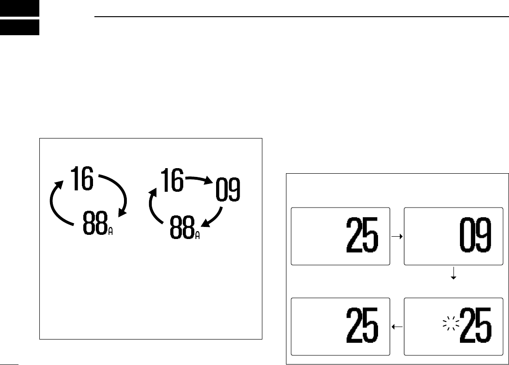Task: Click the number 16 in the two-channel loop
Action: tap(81, 180)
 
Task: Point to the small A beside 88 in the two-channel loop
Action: tap(110, 231)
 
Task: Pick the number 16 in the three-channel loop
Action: tap(171, 180)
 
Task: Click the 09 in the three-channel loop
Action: tap(228, 190)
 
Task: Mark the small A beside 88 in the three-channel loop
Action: tap(198, 235)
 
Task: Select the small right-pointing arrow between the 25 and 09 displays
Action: tap(397, 236)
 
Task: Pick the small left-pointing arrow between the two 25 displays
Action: tap(397, 327)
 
